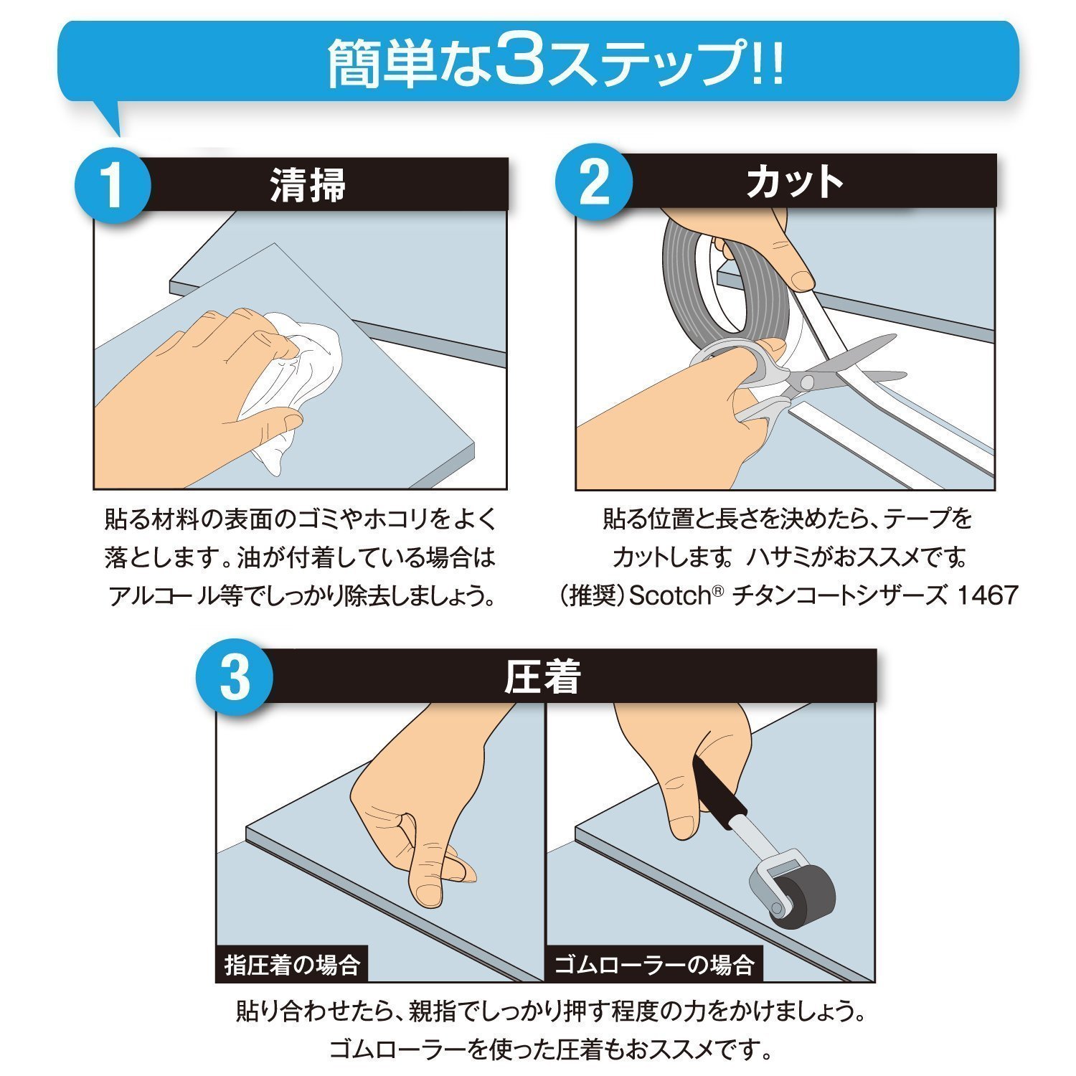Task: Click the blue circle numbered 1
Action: tap(113, 184)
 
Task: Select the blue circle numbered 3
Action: tap(235, 678)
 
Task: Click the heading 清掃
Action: tap(308, 184)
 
